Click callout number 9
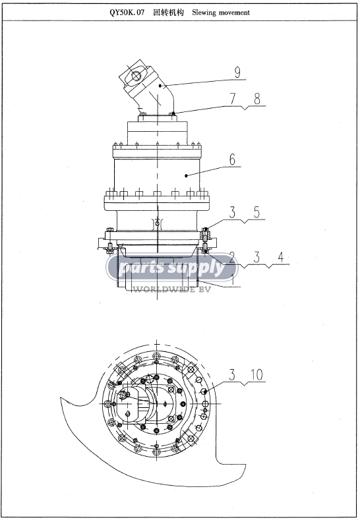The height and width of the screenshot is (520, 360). (x=237, y=72)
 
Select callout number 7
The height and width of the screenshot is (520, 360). (x=232, y=99)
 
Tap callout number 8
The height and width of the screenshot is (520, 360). (x=257, y=99)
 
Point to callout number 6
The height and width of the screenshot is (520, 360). (x=232, y=159)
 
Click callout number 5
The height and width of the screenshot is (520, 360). (x=256, y=212)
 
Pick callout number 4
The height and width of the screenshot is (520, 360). (x=281, y=257)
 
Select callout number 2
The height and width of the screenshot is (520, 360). (x=232, y=257)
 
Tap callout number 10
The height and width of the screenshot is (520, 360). (x=256, y=375)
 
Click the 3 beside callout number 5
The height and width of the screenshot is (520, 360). (x=232, y=212)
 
